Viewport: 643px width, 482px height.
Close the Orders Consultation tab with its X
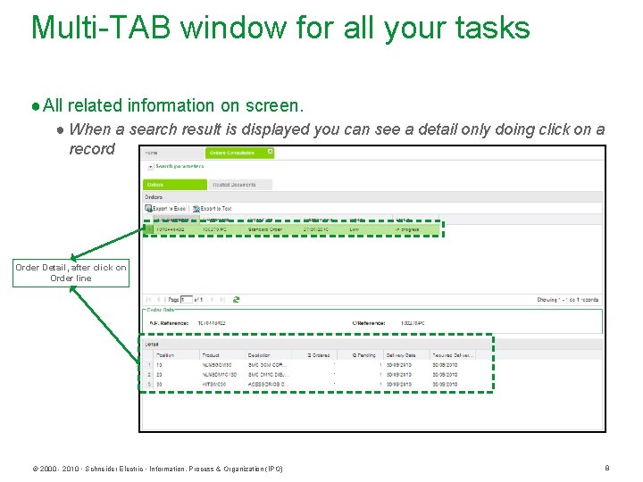tap(271, 153)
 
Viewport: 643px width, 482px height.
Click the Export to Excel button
tap(167, 208)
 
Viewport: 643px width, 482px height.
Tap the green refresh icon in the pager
tap(236, 300)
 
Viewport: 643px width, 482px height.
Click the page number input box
tap(188, 300)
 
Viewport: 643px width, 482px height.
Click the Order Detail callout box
tap(71, 272)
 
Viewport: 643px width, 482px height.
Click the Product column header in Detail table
tap(211, 355)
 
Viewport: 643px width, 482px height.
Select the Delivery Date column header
tap(401, 355)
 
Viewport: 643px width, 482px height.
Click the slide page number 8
tap(606, 468)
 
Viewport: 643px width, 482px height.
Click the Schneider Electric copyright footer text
tap(157, 469)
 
